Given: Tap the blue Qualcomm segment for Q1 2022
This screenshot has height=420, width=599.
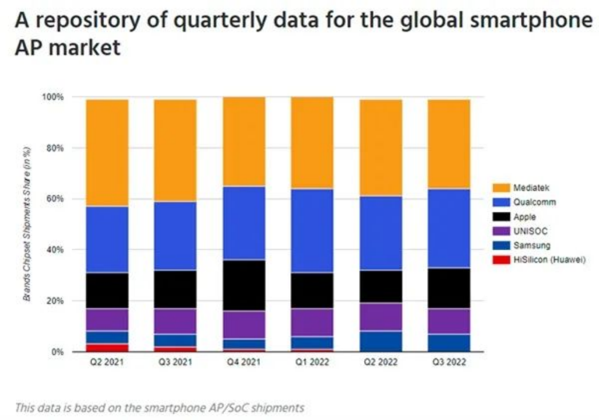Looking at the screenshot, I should point(312,230).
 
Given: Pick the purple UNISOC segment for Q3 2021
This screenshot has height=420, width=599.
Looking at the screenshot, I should point(175,321).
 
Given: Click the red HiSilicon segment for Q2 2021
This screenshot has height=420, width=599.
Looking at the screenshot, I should point(107,348).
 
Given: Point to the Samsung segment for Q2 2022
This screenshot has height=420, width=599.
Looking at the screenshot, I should point(380,341).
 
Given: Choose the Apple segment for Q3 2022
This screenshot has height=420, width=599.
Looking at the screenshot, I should point(449,288).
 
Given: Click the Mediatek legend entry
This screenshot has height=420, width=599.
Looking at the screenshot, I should point(531,188).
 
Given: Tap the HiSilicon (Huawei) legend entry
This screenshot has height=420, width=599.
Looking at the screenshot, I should point(548,260).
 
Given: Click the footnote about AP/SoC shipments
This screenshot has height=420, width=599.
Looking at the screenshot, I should point(159,407).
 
